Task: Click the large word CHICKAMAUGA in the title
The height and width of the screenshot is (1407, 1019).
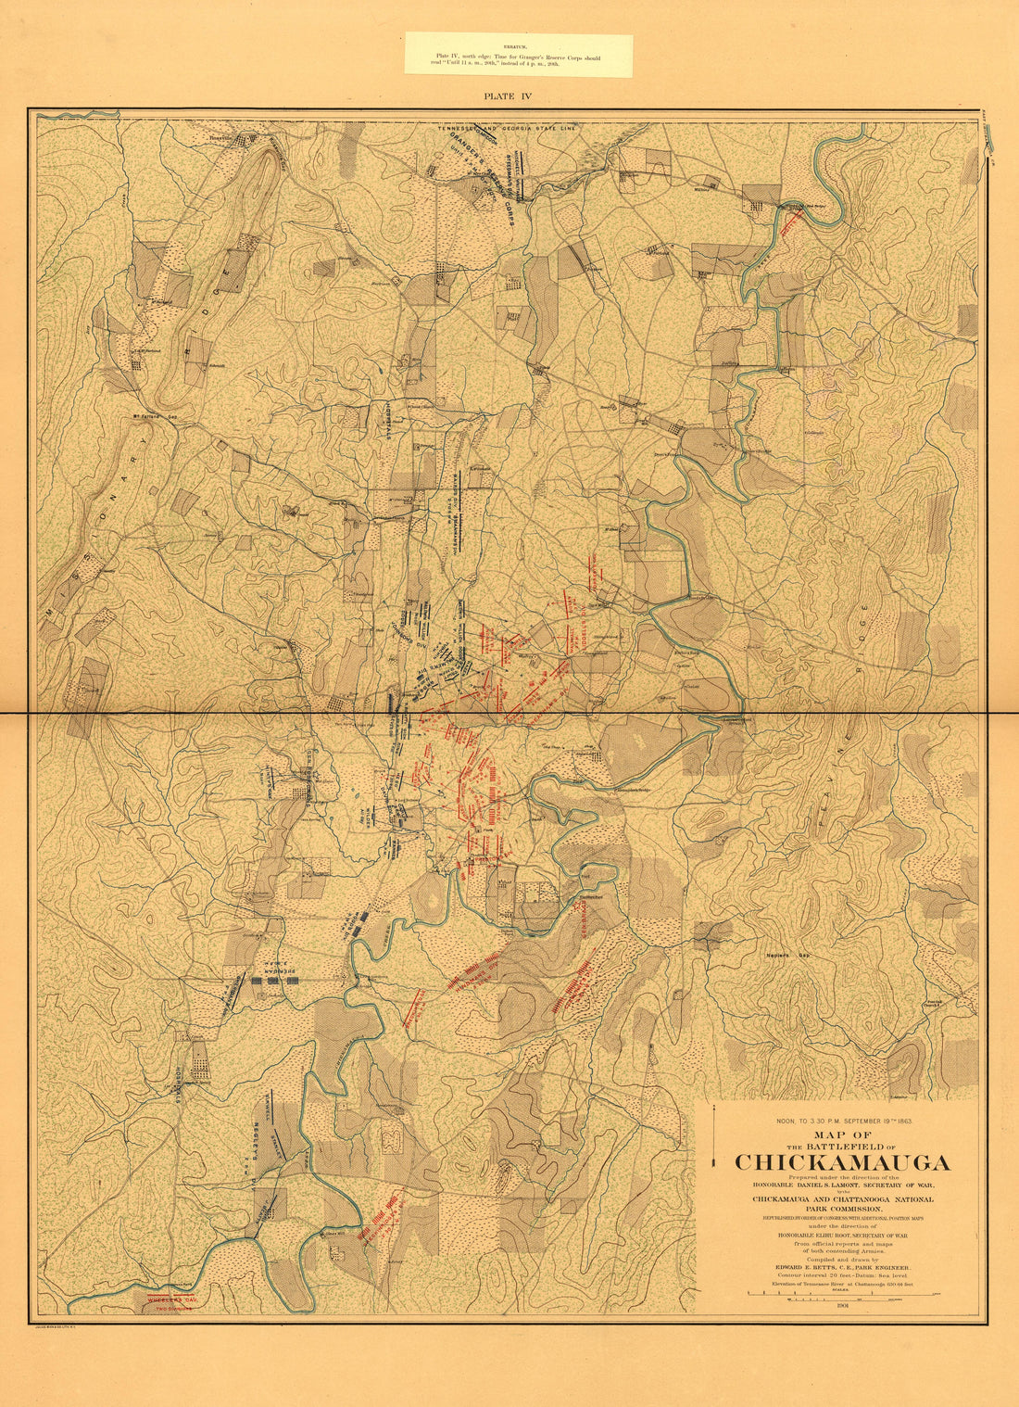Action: (842, 1162)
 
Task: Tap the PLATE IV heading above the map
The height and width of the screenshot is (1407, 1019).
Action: (508, 95)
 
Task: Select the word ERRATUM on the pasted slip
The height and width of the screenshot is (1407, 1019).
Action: (518, 44)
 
